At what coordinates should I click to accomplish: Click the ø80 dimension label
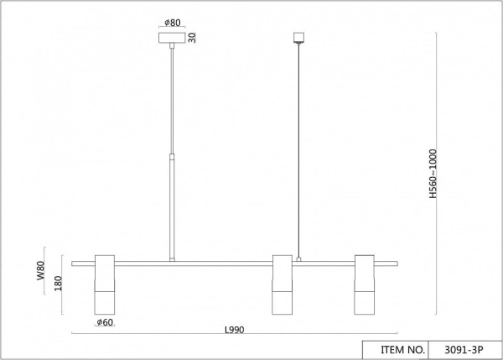[x=173, y=23]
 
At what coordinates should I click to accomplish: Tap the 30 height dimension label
[x=192, y=38]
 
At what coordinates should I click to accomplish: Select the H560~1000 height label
[x=433, y=174]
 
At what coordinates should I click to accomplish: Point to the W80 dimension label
[x=41, y=270]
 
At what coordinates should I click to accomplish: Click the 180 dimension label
[x=59, y=284]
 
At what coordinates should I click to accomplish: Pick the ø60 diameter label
[x=105, y=322]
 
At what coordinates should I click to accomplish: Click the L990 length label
[x=235, y=330]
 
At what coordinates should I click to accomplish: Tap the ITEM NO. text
[x=402, y=350]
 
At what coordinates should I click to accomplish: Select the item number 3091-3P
[x=464, y=350]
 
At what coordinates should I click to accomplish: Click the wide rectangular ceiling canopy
[x=172, y=38]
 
